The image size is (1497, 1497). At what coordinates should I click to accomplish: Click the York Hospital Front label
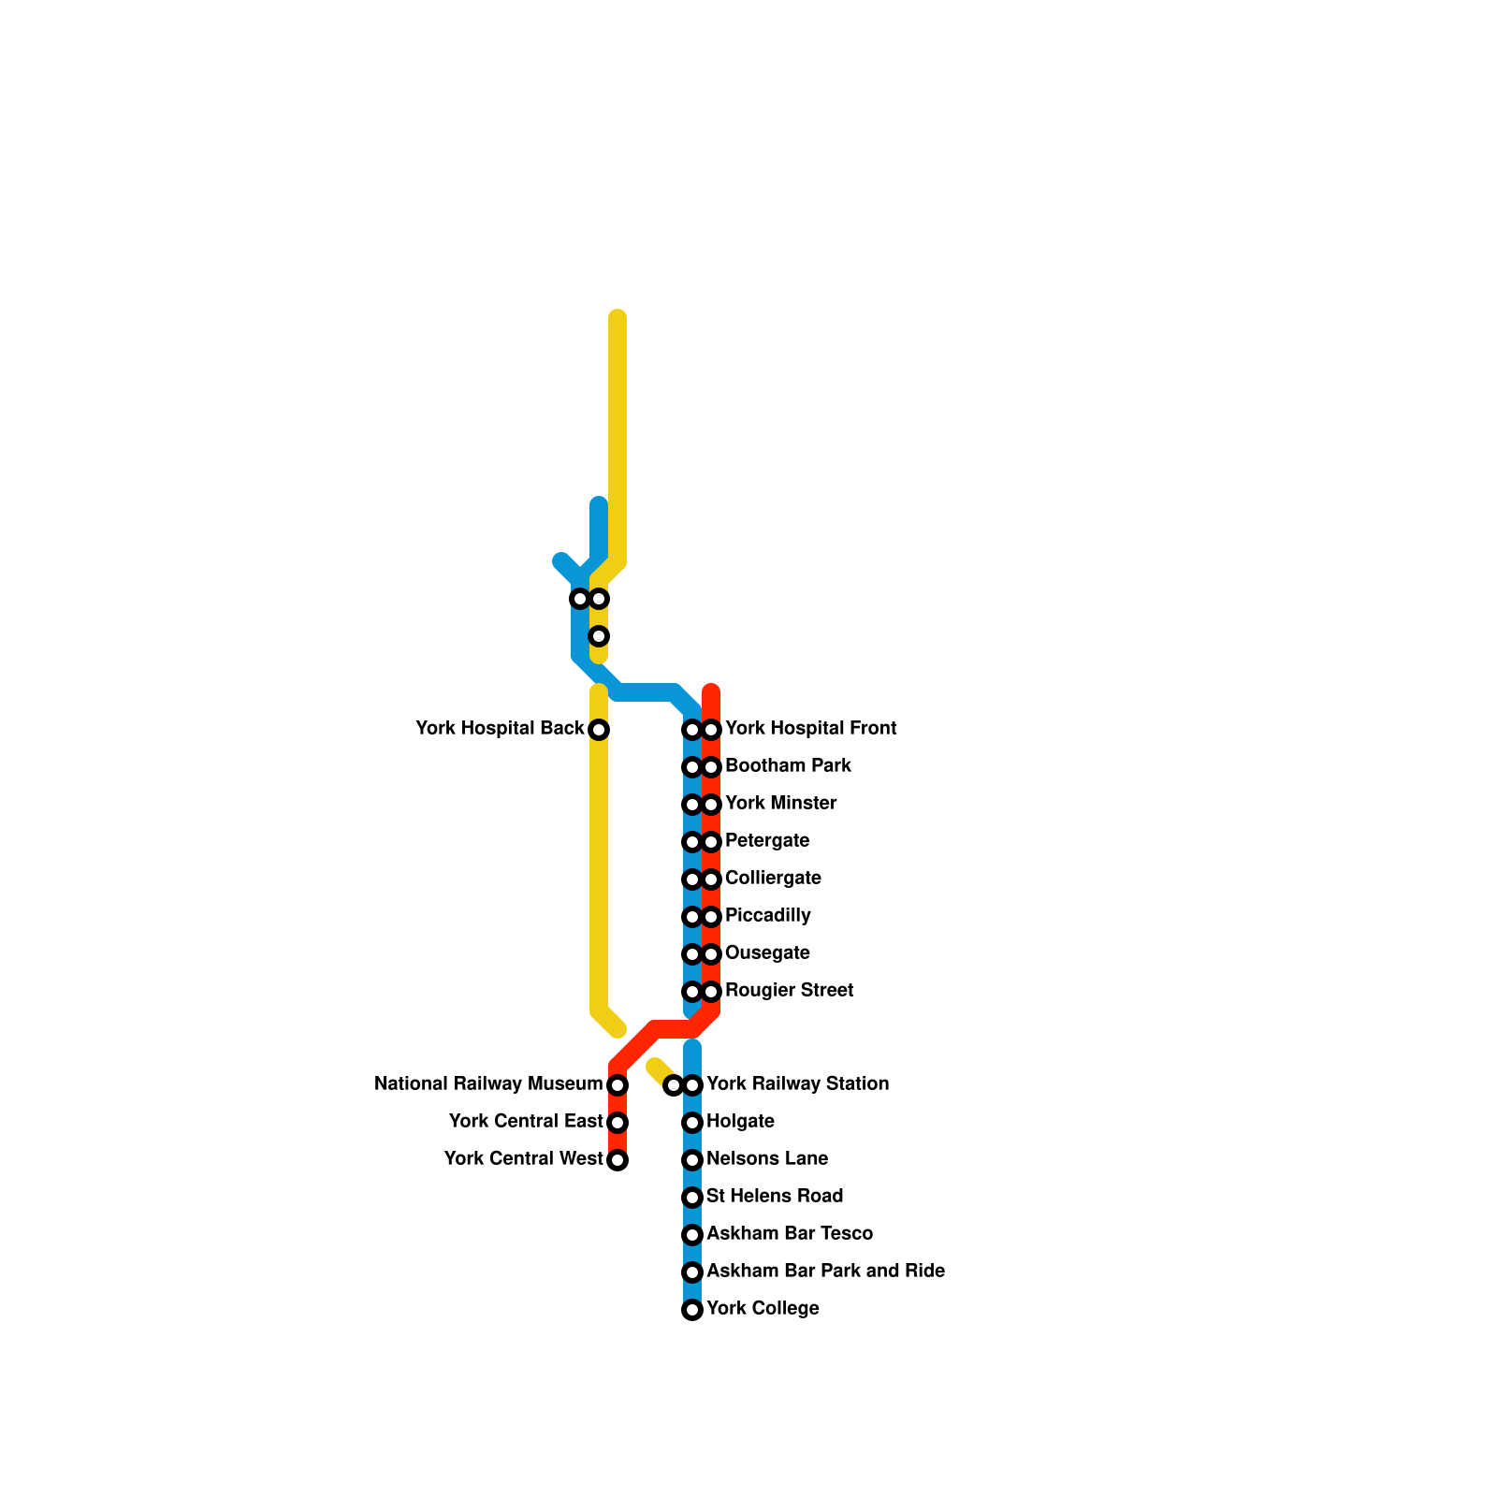click(810, 728)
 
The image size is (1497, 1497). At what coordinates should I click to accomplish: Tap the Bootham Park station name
click(788, 765)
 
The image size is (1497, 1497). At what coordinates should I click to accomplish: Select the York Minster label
click(780, 803)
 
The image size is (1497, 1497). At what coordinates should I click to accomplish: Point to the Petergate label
click(767, 840)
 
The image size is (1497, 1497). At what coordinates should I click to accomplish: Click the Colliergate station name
click(773, 878)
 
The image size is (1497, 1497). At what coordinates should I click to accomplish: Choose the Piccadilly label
click(767, 915)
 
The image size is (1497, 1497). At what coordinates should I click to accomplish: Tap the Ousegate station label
click(767, 952)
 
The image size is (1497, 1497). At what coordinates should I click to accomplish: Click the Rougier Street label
click(789, 990)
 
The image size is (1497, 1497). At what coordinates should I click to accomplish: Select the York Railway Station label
click(797, 1083)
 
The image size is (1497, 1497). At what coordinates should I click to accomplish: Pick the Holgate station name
click(740, 1121)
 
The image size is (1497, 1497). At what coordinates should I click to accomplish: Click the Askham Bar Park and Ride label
click(825, 1271)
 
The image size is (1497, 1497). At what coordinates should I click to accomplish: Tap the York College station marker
click(692, 1310)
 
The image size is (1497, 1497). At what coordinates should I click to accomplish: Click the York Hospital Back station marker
click(599, 730)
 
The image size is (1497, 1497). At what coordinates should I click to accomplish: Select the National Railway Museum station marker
click(618, 1085)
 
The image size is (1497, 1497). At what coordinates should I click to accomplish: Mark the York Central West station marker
click(618, 1160)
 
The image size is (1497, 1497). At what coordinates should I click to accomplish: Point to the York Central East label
click(526, 1121)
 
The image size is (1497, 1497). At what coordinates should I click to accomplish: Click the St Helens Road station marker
click(692, 1198)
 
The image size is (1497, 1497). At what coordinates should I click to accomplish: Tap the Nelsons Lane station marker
click(692, 1160)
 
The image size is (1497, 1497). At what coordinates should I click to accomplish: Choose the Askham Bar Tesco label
click(790, 1233)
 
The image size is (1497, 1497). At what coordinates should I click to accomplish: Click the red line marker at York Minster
click(712, 805)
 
